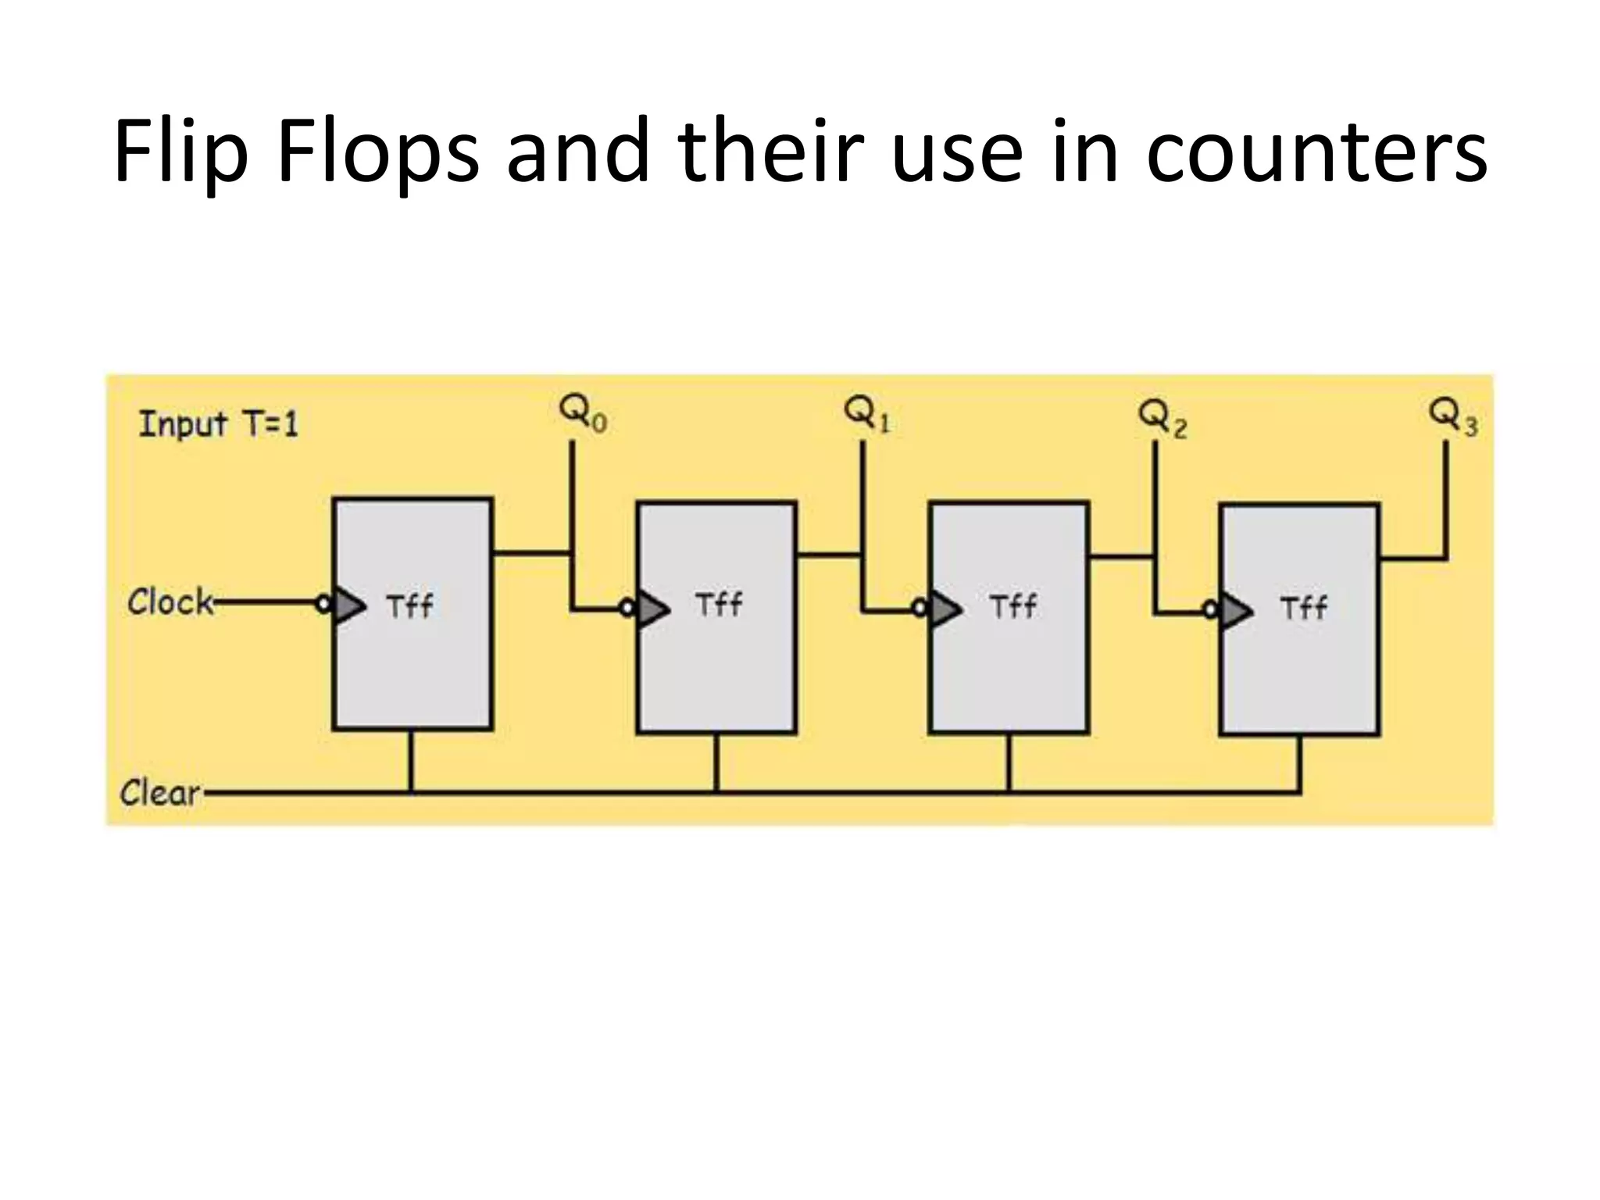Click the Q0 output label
582,414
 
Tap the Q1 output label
866,414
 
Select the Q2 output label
1162,418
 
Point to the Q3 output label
1452,416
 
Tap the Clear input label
160,793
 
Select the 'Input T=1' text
219,425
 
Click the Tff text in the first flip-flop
409,606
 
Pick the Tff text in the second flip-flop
719,605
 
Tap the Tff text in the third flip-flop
1012,606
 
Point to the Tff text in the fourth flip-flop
1303,608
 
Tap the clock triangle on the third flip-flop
945,609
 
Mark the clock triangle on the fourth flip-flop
1236,611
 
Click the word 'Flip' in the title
180,152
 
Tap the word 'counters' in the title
1316,152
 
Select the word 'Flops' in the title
378,152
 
